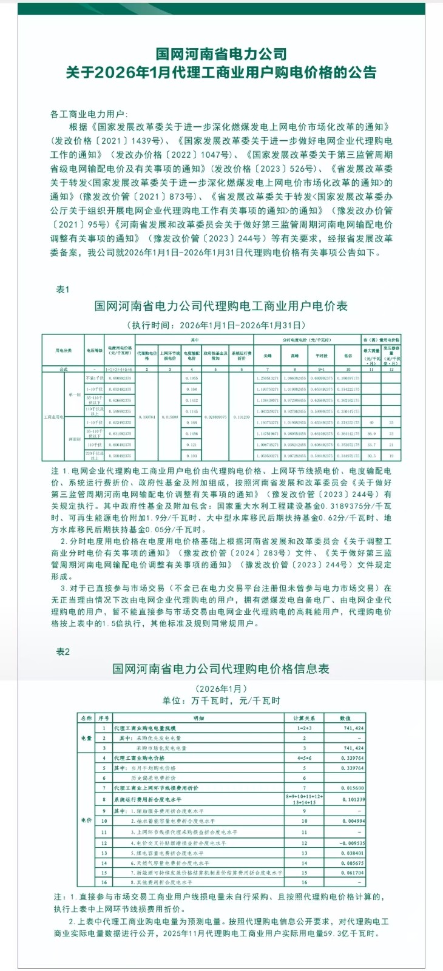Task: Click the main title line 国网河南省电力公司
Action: coord(221,55)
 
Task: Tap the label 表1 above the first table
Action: coord(63,289)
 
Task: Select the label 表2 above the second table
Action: coord(63,651)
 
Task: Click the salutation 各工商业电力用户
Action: coord(89,114)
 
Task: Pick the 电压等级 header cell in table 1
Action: coord(93,350)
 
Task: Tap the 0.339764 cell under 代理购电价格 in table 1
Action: coord(146,417)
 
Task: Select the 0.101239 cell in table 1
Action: coord(241,417)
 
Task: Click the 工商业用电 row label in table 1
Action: coord(53,417)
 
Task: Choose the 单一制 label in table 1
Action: coord(74,394)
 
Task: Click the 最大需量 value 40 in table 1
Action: coord(371,422)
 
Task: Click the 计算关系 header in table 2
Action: coord(304,718)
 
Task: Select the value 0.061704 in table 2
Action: coord(352,873)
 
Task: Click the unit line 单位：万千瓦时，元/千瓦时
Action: coord(221,700)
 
